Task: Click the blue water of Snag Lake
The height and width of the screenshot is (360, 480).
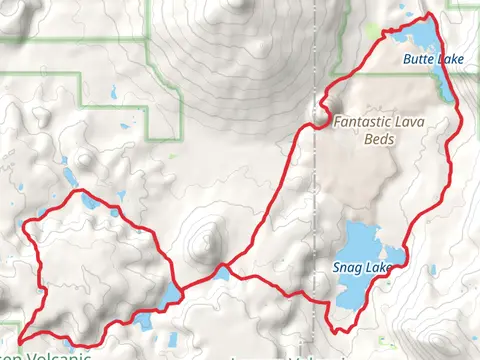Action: [x=355, y=245]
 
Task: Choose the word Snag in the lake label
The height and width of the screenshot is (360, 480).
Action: [x=343, y=267]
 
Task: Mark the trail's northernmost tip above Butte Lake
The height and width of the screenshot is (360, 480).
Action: [x=429, y=14]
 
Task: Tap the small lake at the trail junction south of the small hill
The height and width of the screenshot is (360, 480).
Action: [x=221, y=271]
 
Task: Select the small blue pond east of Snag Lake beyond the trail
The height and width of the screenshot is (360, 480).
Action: [x=432, y=270]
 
